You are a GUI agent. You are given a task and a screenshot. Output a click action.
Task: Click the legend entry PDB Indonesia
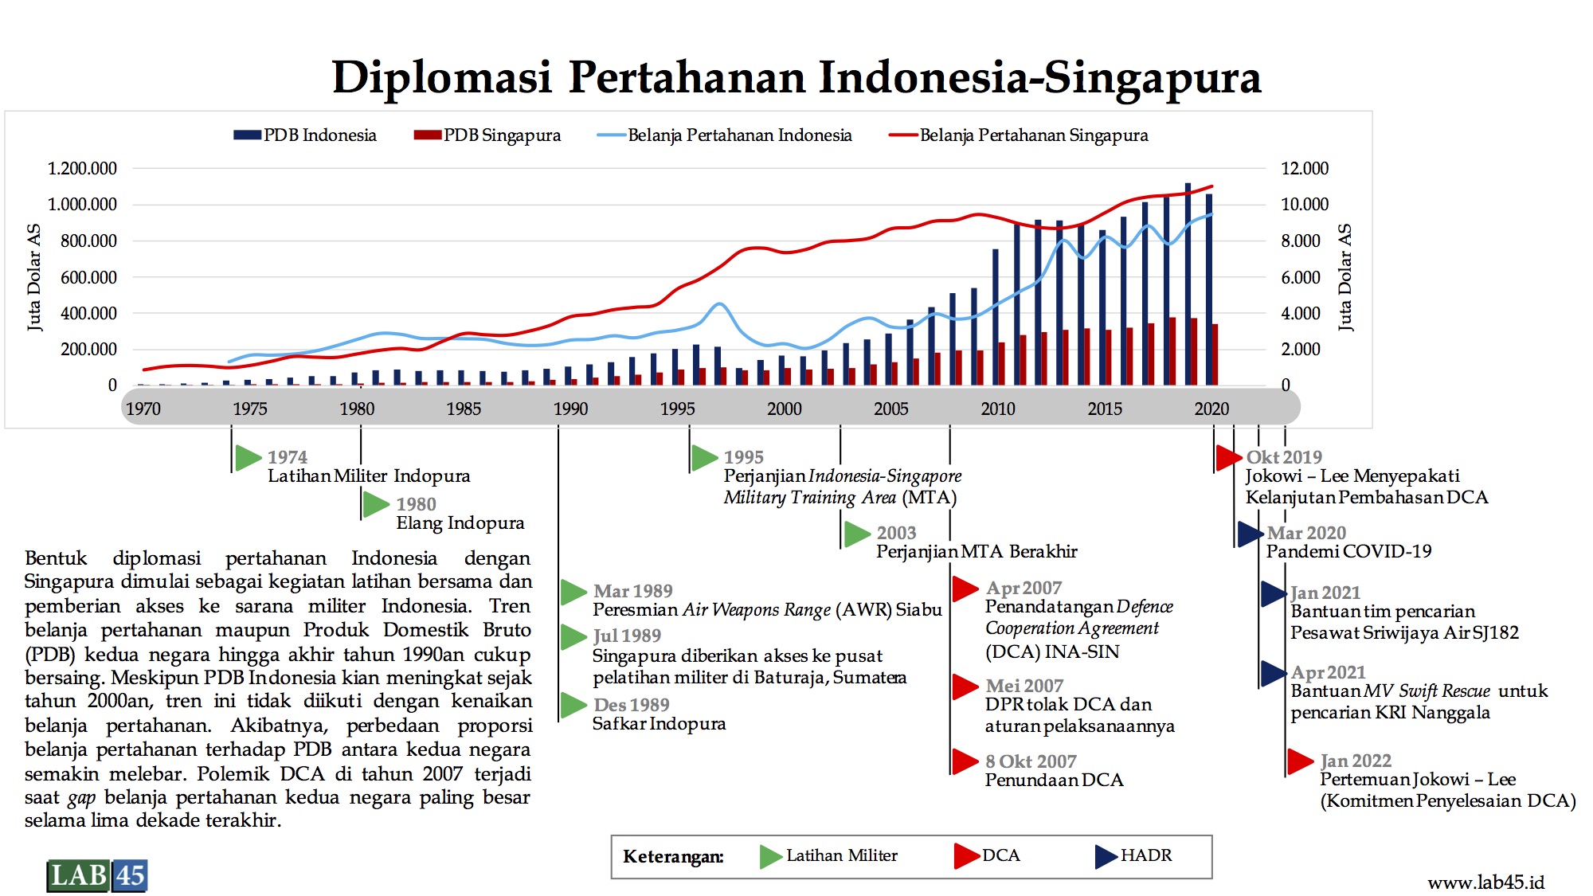[305, 135]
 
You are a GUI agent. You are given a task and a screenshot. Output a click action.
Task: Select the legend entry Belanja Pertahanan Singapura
[1019, 135]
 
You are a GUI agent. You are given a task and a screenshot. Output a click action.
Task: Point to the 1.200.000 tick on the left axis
[82, 168]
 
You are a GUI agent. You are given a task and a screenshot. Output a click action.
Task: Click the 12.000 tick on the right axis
[1305, 168]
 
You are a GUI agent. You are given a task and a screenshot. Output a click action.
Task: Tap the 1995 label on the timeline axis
[678, 409]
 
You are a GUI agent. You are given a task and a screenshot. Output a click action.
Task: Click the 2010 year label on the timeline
[998, 409]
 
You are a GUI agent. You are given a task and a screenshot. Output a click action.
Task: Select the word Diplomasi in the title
[442, 78]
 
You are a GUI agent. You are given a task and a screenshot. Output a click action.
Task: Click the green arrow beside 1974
[249, 457]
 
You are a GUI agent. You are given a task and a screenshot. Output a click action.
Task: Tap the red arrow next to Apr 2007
[965, 589]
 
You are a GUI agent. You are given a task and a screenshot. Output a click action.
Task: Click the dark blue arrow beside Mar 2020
[1251, 534]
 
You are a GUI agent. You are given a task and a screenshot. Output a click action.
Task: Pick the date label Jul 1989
[627, 636]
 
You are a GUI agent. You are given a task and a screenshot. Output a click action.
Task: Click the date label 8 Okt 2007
[1031, 761]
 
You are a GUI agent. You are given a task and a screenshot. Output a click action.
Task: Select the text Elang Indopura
[460, 523]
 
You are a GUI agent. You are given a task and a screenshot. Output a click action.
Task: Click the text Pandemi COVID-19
[1348, 551]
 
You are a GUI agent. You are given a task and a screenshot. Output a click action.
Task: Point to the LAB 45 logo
[97, 875]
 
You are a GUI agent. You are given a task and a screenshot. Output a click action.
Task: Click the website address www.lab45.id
[1486, 882]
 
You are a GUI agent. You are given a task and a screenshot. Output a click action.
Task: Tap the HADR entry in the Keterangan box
[1133, 856]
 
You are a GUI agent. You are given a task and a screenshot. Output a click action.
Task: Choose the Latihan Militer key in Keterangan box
[828, 856]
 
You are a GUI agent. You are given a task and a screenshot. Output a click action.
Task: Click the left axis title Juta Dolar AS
[33, 277]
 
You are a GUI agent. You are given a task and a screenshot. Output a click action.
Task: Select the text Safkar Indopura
[659, 724]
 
